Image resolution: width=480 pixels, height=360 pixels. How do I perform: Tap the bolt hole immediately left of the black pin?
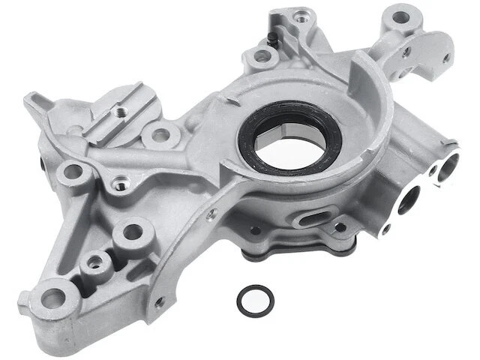[x=259, y=55]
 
